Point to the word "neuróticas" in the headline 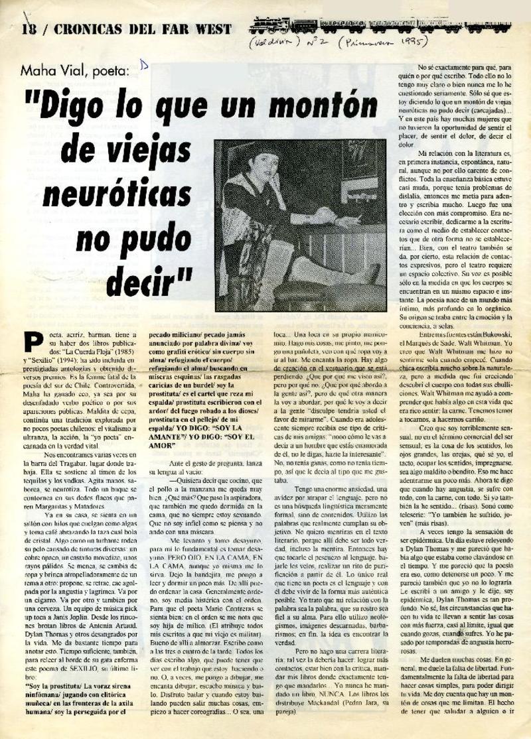coord(123,196)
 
